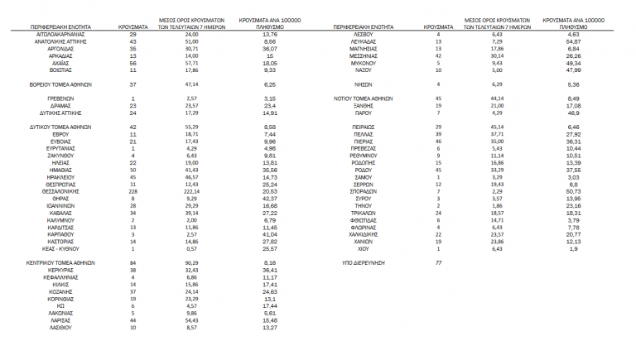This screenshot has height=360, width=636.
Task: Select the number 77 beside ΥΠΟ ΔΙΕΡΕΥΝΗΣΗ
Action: (x=438, y=262)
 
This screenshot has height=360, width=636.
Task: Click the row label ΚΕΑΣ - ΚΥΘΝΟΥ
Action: (x=60, y=247)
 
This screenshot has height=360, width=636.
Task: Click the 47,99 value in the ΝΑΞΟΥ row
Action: (x=573, y=70)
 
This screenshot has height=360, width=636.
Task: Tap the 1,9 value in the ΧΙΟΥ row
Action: (x=573, y=247)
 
